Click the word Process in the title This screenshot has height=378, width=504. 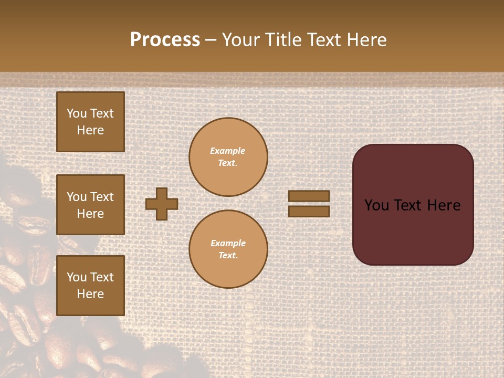click(165, 40)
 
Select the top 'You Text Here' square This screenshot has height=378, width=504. click(90, 122)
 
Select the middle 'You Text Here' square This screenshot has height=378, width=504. click(90, 205)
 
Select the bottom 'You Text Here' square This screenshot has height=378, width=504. click(90, 286)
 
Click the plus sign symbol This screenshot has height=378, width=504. click(162, 204)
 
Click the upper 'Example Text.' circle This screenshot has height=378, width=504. click(228, 157)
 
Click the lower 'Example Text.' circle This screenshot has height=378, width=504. click(228, 249)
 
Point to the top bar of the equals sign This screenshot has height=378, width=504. click(309, 196)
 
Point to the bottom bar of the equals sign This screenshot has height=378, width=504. click(309, 211)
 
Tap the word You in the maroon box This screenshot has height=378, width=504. click(376, 205)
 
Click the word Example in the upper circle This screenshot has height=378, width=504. click(228, 151)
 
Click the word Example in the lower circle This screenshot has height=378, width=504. click(228, 243)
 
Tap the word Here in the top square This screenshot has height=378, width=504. click(90, 130)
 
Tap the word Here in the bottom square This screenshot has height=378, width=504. click(90, 294)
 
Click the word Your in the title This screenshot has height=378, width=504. click(243, 40)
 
